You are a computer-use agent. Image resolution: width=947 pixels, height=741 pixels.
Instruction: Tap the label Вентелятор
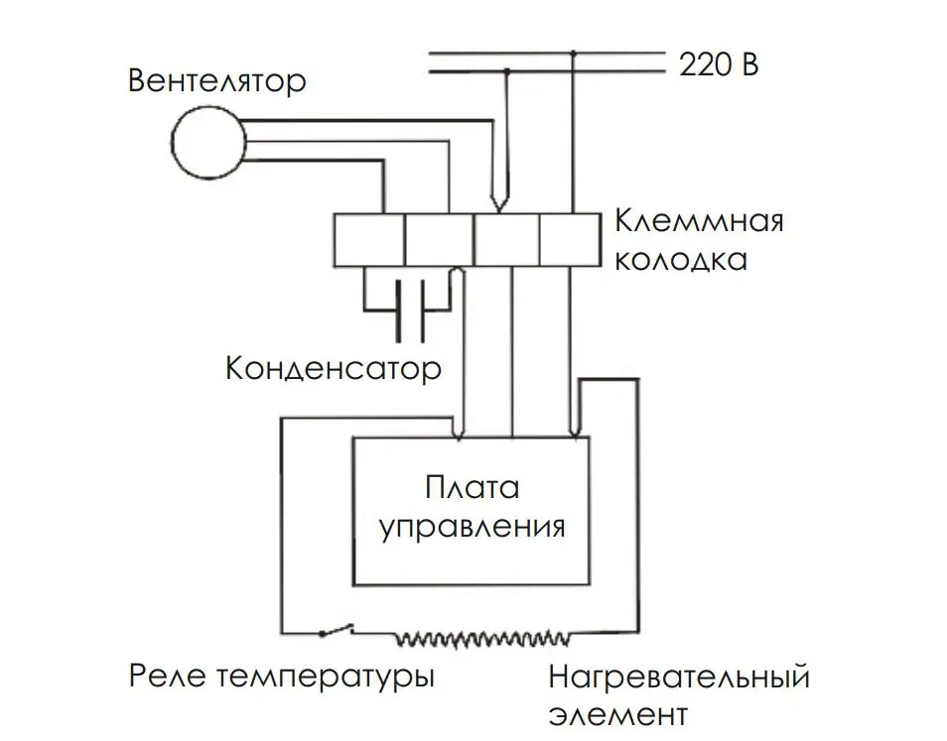[217, 81]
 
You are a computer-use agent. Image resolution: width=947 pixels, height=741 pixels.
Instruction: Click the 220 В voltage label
[719, 63]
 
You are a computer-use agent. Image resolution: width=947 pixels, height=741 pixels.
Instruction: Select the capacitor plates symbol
[411, 310]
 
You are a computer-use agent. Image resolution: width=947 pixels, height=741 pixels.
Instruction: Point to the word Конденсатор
[334, 368]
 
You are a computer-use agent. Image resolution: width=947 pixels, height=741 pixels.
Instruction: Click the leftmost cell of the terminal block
[369, 240]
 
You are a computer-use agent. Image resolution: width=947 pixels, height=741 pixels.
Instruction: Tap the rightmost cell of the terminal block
[570, 240]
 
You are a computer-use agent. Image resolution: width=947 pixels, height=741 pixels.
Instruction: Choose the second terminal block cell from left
[440, 240]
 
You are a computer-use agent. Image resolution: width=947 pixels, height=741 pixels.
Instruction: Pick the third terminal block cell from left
[506, 240]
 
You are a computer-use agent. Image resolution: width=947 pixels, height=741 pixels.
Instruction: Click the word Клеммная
[700, 221]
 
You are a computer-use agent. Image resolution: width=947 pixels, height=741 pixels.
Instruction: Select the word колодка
[681, 260]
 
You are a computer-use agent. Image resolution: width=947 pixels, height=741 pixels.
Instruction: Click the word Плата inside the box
[473, 488]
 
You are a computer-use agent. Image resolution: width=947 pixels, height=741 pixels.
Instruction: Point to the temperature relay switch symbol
[336, 629]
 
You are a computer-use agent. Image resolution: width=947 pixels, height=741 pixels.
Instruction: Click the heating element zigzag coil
[482, 638]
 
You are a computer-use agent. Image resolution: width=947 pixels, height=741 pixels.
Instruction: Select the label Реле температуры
[282, 677]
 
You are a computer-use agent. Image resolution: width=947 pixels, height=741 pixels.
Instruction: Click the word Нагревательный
[679, 678]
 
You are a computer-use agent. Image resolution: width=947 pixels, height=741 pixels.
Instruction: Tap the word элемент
[618, 715]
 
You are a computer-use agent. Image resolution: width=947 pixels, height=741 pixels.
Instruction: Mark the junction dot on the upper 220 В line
[574, 55]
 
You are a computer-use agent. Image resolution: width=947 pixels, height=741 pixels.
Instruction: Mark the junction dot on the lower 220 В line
[507, 71]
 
